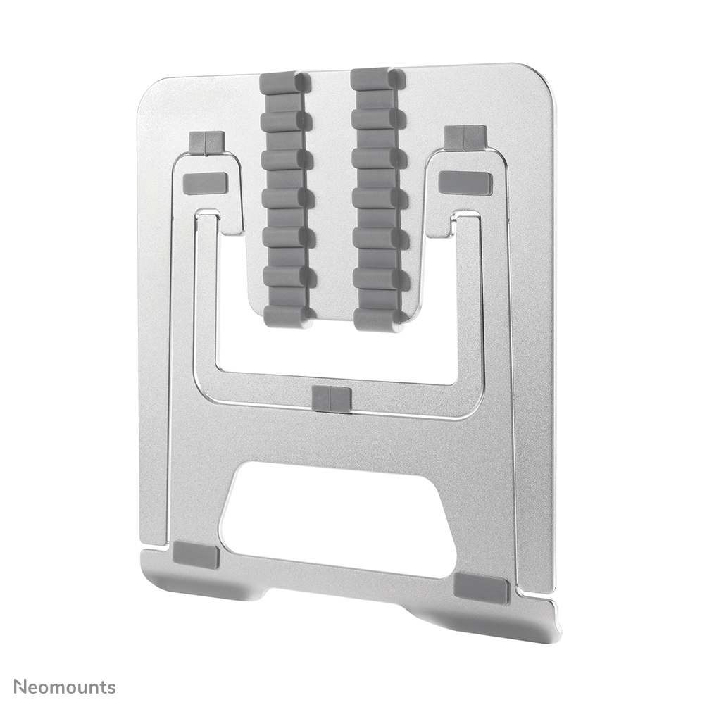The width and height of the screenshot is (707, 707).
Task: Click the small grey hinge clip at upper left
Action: (206, 142)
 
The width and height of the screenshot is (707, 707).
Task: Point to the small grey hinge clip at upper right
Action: (465, 137)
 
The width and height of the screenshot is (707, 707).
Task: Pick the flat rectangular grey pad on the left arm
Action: (205, 183)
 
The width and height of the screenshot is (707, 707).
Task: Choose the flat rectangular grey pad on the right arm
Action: (465, 182)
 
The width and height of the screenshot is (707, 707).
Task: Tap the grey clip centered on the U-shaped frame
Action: (331, 399)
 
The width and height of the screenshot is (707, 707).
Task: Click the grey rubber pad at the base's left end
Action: (196, 555)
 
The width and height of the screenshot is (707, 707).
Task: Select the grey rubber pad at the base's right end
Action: (481, 588)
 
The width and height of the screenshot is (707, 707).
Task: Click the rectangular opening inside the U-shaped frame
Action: (338, 345)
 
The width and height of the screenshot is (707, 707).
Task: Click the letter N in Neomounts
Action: (20, 687)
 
